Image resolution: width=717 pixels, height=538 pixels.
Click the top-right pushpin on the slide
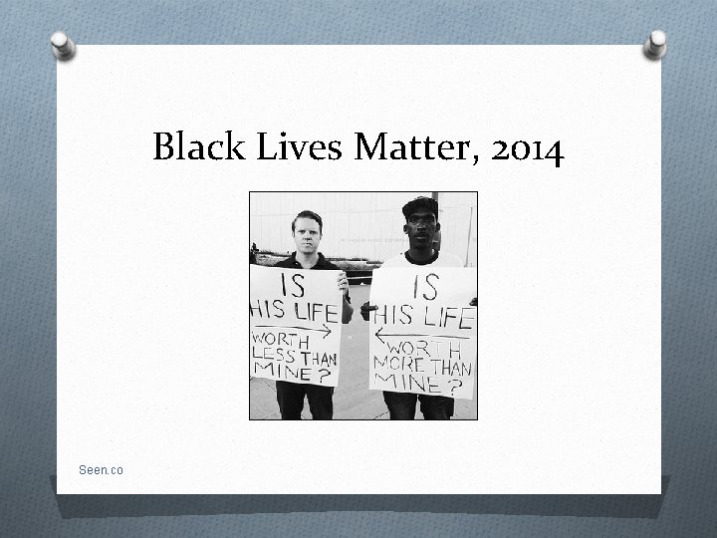[x=656, y=43]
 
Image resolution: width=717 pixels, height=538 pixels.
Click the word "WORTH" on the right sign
[x=430, y=349]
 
